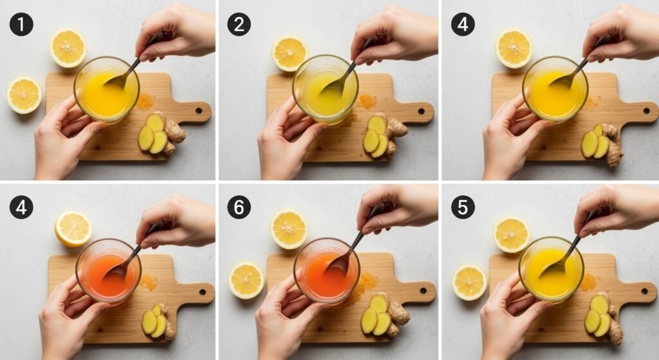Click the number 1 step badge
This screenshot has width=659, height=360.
coord(21,24)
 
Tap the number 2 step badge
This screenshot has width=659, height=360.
coord(239,24)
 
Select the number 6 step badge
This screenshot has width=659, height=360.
coord(239,207)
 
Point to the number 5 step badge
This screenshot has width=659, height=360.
coord(463,207)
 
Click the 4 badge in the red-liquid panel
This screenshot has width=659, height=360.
coord(21,207)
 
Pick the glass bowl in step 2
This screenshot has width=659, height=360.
coord(326,90)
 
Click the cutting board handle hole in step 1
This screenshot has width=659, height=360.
coord(198,111)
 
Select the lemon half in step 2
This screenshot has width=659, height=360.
coord(290,53)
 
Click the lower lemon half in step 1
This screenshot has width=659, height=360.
coord(24,95)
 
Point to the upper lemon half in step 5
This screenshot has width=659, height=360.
coord(512,235)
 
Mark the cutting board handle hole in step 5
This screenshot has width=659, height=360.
coord(644,291)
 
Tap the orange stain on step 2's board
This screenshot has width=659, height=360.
coord(367,101)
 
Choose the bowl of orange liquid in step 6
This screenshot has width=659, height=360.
coord(326,271)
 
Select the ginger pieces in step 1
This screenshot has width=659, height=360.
coord(162,133)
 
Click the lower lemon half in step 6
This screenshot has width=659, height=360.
coord(246,280)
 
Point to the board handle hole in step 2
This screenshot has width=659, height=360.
coord(421,111)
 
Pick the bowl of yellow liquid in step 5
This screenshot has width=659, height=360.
coord(551,269)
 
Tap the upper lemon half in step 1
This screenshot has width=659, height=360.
coord(68,48)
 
